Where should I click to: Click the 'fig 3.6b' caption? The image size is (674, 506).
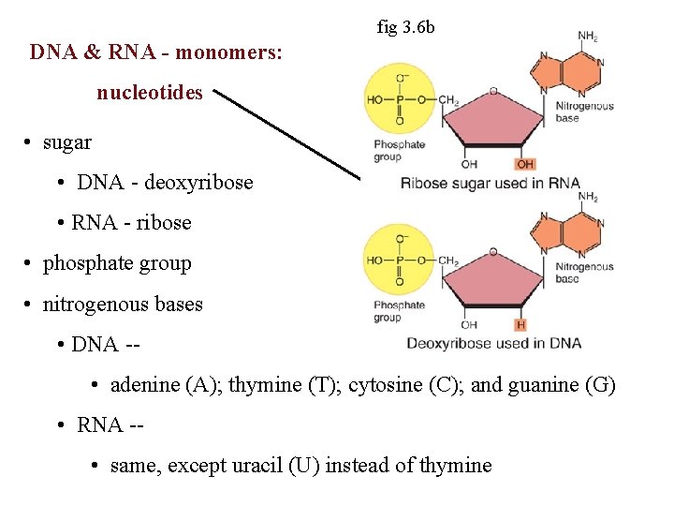pyautogui.click(x=405, y=27)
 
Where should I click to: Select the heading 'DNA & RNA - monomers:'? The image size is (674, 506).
pyautogui.click(x=155, y=52)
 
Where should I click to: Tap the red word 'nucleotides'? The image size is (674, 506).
pyautogui.click(x=150, y=94)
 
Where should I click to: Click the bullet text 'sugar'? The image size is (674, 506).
pyautogui.click(x=67, y=142)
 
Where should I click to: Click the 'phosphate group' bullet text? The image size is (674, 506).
pyautogui.click(x=117, y=263)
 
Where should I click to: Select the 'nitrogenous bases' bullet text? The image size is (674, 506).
pyautogui.click(x=123, y=304)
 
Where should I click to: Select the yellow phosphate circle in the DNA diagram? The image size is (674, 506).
pyautogui.click(x=399, y=260)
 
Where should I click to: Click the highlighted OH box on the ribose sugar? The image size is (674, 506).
pyautogui.click(x=525, y=164)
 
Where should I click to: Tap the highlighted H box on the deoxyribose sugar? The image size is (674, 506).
pyautogui.click(x=520, y=325)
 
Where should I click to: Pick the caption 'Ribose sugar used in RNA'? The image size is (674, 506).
pyautogui.click(x=490, y=183)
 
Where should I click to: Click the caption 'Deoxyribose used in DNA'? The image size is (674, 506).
pyautogui.click(x=493, y=343)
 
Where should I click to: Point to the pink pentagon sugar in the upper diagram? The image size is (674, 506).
pyautogui.click(x=493, y=122)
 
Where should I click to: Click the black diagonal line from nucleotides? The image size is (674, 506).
pyautogui.click(x=286, y=131)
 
